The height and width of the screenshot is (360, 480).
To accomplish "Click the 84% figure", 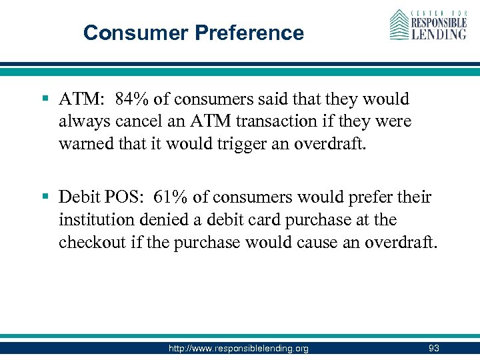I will click(x=131, y=99).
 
